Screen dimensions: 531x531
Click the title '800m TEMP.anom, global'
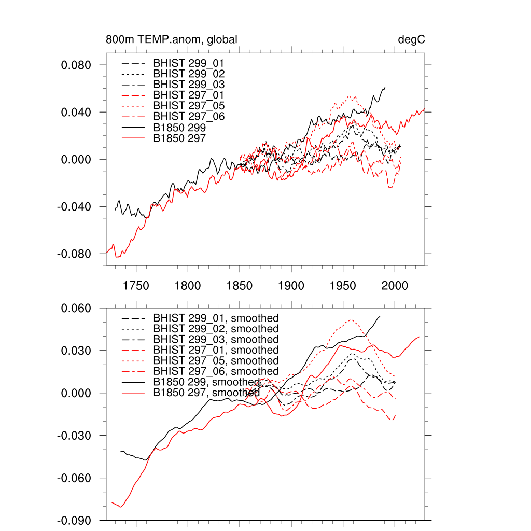(x=172, y=40)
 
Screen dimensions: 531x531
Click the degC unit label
(x=412, y=40)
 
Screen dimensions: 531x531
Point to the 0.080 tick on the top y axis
(x=77, y=65)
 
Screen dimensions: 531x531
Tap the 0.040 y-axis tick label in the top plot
(x=77, y=113)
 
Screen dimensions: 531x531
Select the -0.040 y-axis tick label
(x=75, y=207)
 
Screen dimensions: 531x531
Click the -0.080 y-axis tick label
(x=75, y=254)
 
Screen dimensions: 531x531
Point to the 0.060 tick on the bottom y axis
(x=77, y=309)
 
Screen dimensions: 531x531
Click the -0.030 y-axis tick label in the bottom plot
(x=75, y=436)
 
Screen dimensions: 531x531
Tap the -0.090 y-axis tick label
(x=75, y=520)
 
